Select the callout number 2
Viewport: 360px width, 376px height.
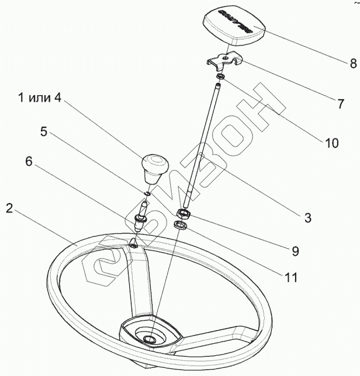[9, 208]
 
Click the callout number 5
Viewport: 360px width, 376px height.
[44, 131]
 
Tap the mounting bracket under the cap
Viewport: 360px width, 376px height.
[224, 61]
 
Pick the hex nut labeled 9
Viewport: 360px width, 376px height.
[182, 214]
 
